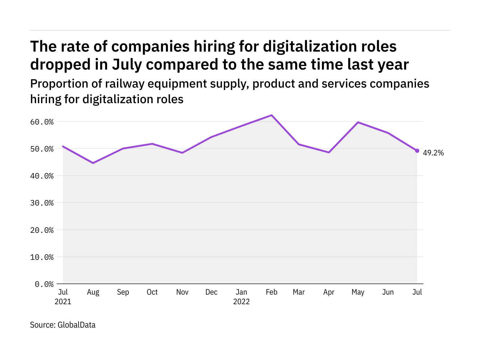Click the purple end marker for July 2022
pyautogui.click(x=417, y=151)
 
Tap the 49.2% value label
pyautogui.click(x=433, y=153)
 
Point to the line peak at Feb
pyautogui.click(x=271, y=115)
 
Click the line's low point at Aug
pyautogui.click(x=93, y=163)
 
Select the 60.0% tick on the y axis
pyautogui.click(x=42, y=122)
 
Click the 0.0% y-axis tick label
pyautogui.click(x=44, y=284)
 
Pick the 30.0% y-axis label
pyautogui.click(x=42, y=203)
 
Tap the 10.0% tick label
pyautogui.click(x=42, y=257)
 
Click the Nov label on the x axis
pyautogui.click(x=182, y=292)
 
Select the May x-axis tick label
pyautogui.click(x=358, y=292)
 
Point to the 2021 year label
pyautogui.click(x=63, y=301)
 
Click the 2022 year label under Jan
pyautogui.click(x=241, y=301)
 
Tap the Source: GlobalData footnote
pyautogui.click(x=63, y=325)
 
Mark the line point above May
pyautogui.click(x=358, y=122)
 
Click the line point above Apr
pyautogui.click(x=329, y=152)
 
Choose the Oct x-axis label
pyautogui.click(x=152, y=292)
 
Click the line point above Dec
pyautogui.click(x=211, y=137)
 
